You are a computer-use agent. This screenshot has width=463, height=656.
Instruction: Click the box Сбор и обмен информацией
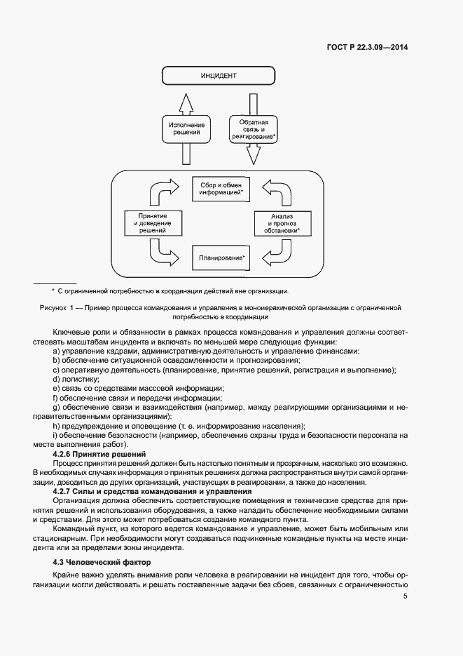tap(221, 188)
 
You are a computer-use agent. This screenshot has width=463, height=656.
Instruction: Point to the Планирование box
tap(221, 258)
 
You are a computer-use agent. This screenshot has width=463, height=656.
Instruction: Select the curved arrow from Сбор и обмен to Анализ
tap(274, 190)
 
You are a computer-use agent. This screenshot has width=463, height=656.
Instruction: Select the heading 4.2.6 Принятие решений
tap(99, 454)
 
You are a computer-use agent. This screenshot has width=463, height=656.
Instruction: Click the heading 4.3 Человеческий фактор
tap(102, 563)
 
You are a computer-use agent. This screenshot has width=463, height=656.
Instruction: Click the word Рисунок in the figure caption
tap(51, 308)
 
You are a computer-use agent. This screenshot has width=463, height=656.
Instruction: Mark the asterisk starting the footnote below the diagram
tap(53, 290)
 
